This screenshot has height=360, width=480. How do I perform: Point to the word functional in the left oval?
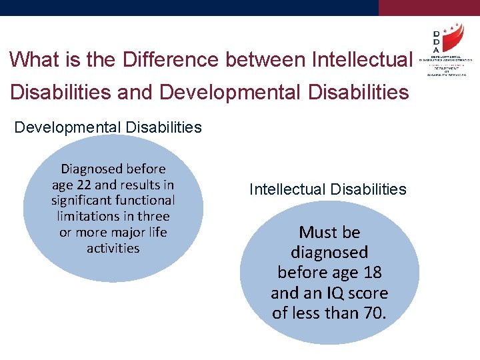point(143,200)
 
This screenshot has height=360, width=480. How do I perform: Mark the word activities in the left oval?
point(113,248)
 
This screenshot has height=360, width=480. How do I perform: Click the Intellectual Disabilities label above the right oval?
point(327,189)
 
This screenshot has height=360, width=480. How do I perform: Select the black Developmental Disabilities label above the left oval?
point(108,127)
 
